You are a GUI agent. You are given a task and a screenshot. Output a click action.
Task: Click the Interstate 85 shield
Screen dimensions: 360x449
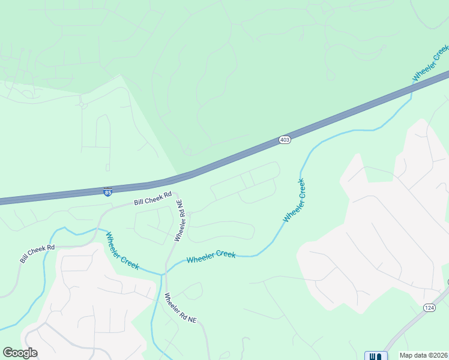(x=107, y=192)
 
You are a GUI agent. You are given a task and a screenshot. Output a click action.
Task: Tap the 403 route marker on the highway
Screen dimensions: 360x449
(x=285, y=140)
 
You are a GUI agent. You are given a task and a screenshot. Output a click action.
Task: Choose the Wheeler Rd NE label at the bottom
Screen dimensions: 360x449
(x=180, y=308)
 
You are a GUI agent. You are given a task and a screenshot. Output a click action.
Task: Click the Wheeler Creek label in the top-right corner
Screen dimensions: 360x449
(x=430, y=67)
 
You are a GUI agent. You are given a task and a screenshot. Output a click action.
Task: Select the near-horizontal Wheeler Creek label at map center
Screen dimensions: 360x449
(x=211, y=257)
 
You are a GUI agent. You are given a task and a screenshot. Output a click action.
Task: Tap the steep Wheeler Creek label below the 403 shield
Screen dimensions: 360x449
(x=295, y=200)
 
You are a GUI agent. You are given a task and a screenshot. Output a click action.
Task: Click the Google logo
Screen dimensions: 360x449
(x=20, y=353)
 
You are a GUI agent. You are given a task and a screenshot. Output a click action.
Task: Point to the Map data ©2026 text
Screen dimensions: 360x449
(x=424, y=355)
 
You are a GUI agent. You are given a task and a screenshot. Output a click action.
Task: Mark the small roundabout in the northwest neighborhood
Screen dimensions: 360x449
(x=82, y=105)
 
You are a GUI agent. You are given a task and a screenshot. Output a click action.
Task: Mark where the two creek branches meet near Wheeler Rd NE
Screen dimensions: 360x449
(x=161, y=274)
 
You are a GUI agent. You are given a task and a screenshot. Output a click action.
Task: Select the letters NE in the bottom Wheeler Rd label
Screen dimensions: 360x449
(x=191, y=320)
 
